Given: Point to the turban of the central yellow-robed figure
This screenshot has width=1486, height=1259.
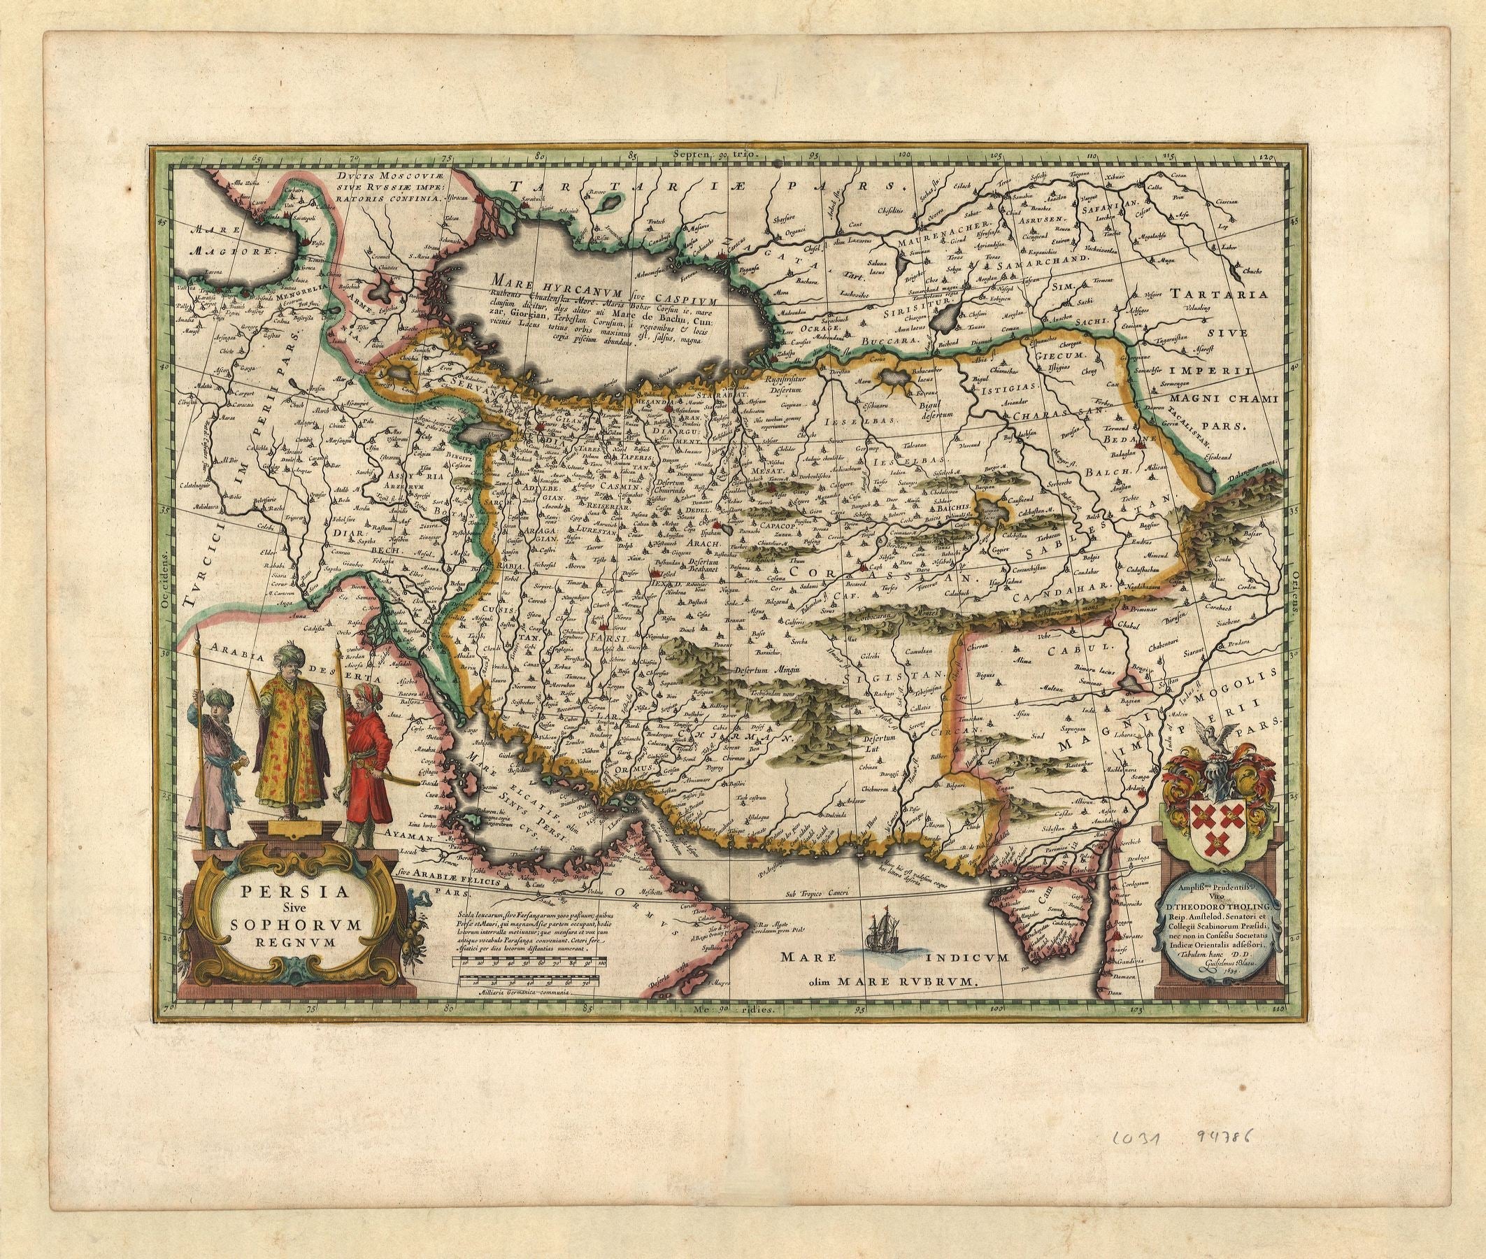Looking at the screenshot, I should (293, 654).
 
